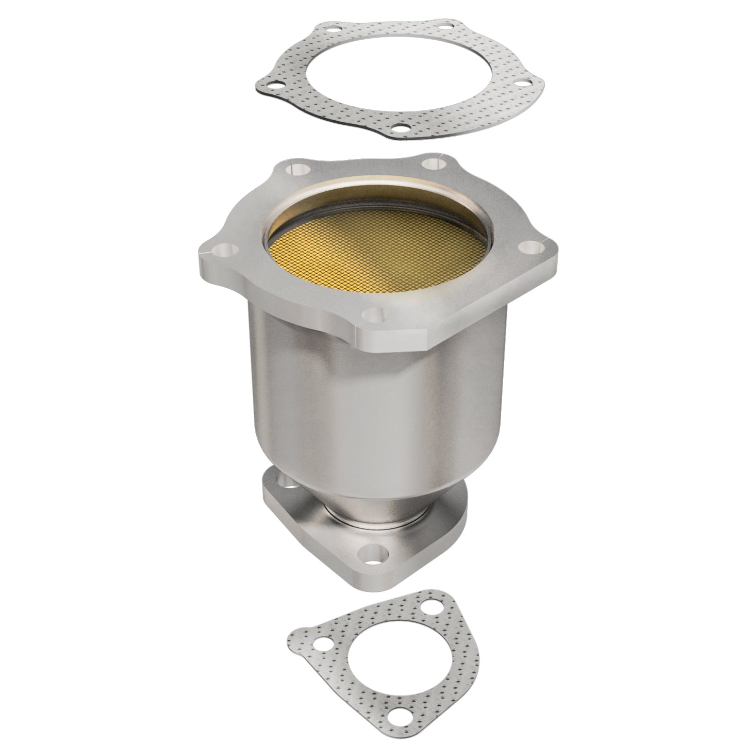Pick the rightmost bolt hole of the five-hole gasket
(x=521, y=81)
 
